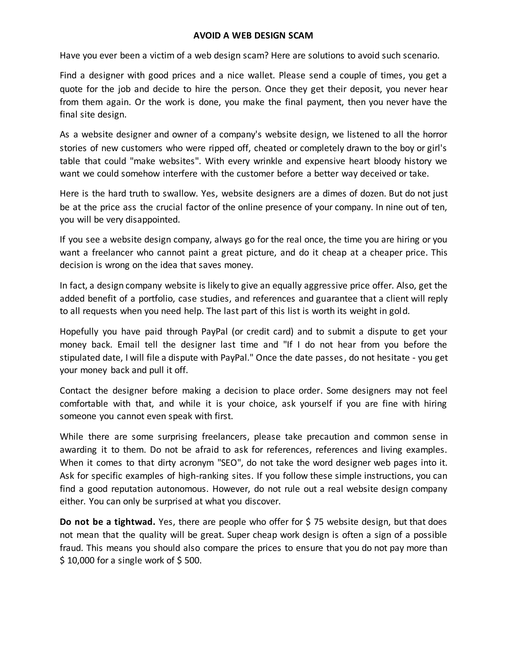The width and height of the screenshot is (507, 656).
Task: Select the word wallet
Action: [261, 76]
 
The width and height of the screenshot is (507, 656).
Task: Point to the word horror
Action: [435, 134]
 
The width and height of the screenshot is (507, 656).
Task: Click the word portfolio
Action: [156, 299]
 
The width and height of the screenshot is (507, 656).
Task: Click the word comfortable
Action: [84, 404]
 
